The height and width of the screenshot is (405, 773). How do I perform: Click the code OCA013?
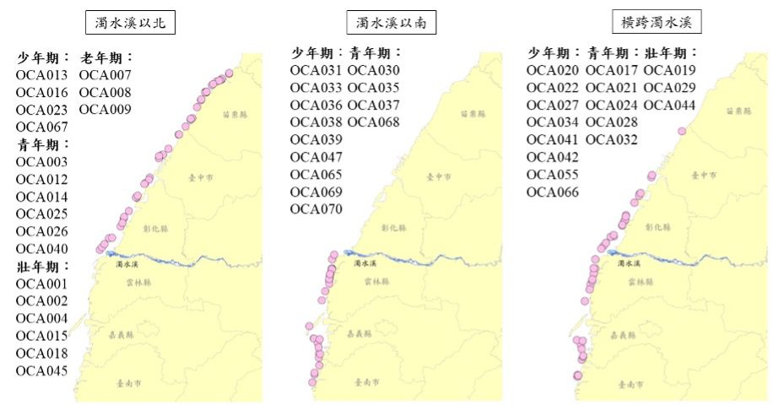42,74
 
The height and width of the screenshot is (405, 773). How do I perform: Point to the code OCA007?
105,74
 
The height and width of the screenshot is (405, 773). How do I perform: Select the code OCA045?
42,370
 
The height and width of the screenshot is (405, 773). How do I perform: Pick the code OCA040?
42,249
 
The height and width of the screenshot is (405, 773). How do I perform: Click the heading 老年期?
106,57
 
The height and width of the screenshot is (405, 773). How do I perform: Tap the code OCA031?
316,70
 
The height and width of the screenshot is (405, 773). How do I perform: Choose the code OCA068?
373,122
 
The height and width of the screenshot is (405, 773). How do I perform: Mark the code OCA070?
316,209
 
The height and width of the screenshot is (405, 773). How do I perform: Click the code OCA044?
669,105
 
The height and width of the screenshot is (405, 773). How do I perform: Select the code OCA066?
553,192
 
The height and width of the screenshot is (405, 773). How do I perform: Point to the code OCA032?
612,139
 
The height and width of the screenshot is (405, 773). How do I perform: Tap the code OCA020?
553,70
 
